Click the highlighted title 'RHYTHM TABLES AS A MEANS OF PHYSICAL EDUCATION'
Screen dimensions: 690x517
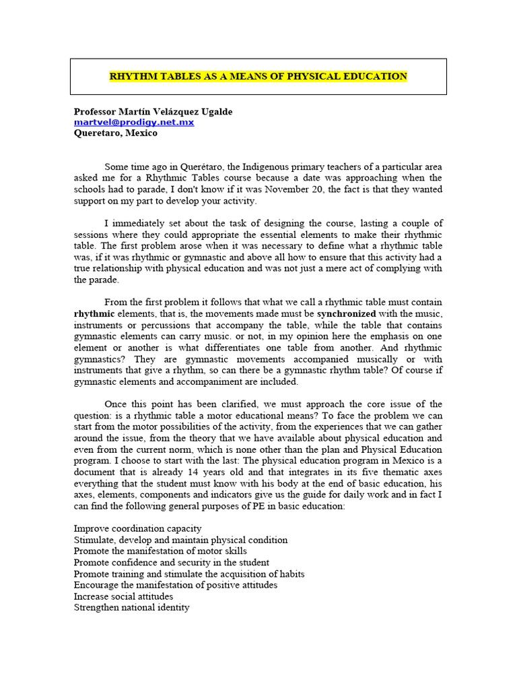point(258,76)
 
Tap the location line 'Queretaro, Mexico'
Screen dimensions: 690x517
point(115,133)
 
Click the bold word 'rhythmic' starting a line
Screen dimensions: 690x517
point(92,313)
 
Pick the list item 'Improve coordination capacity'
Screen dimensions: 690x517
point(137,528)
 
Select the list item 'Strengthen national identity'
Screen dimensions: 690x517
point(131,607)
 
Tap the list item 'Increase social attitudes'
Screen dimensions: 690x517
point(123,596)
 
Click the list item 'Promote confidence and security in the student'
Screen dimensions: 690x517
point(171,562)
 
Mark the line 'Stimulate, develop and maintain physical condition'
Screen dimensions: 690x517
point(180,540)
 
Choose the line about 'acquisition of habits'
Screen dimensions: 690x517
point(188,573)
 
